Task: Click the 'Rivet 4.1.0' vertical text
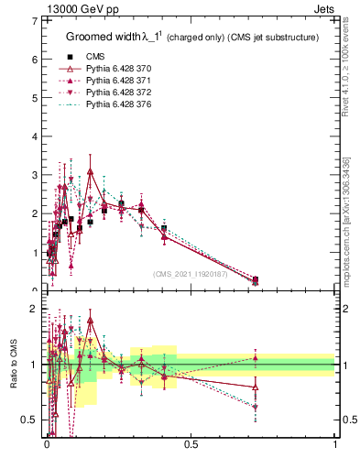tap(345, 73)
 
